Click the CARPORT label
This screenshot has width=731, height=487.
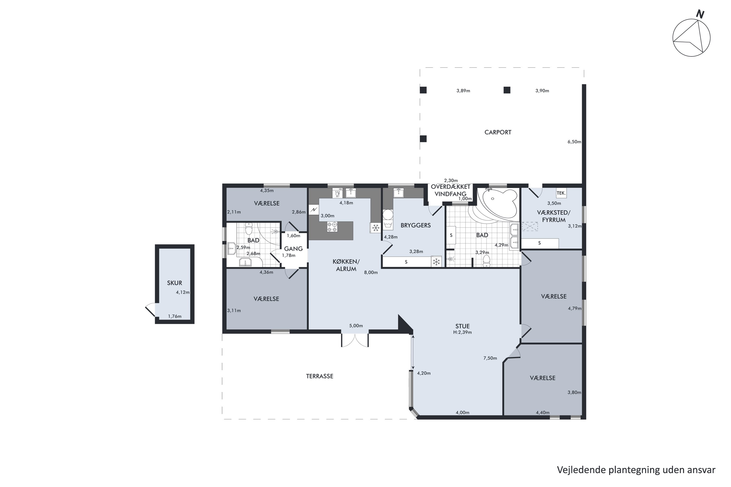tap(498, 132)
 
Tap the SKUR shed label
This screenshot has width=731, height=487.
tap(174, 283)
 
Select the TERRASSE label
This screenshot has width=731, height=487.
tap(319, 376)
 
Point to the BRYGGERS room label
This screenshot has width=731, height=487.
tap(415, 225)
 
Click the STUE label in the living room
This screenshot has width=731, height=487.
tap(462, 326)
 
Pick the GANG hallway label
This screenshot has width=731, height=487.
tap(293, 249)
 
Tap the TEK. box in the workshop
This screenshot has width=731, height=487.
tap(561, 193)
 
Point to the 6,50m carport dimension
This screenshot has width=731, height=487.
tap(574, 142)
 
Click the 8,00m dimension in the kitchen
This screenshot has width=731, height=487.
tap(371, 273)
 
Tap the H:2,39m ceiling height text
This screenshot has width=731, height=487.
tap(462, 332)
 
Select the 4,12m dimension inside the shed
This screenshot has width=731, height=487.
tap(183, 292)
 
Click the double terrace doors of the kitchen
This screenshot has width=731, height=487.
tap(355, 340)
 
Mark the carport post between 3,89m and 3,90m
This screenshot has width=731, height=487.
tap(507, 90)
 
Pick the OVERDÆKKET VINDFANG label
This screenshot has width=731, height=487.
tap(450, 190)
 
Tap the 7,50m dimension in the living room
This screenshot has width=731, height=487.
tap(490, 358)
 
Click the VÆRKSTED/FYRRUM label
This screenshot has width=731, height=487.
tap(554, 216)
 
